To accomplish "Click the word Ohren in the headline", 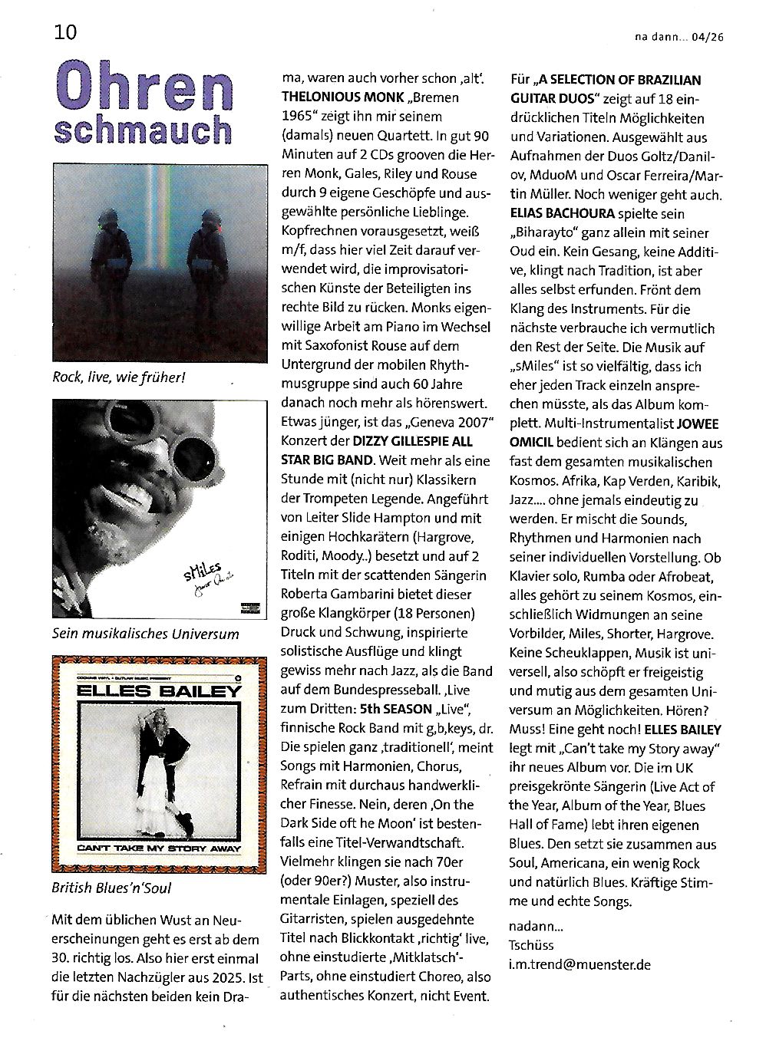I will (x=144, y=91).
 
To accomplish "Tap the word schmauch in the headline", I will (x=144, y=131).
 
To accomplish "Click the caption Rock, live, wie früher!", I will (x=119, y=377).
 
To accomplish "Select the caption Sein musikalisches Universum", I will (x=146, y=634).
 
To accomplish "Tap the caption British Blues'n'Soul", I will (x=112, y=888).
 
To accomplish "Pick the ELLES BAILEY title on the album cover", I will (x=160, y=690).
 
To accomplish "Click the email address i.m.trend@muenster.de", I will (x=579, y=964).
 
